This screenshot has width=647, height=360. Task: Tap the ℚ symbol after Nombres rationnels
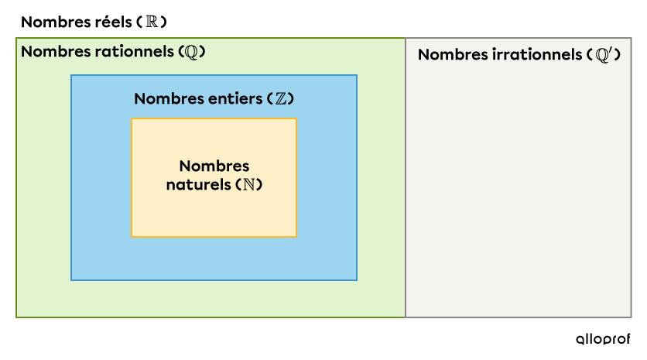pos(191,53)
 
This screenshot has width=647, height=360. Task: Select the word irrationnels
pos(536,55)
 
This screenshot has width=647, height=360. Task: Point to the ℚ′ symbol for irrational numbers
pos(604,55)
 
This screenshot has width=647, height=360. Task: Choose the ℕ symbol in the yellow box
pos(249,186)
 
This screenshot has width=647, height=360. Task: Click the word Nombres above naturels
pos(214,166)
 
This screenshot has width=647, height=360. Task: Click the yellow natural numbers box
pos(214,217)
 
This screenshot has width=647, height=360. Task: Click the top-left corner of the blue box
pos(71,75)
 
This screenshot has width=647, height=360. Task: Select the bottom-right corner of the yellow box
pos(296,236)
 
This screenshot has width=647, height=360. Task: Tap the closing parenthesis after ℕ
pos(260,186)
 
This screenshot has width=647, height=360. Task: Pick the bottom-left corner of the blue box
pos(71,279)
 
